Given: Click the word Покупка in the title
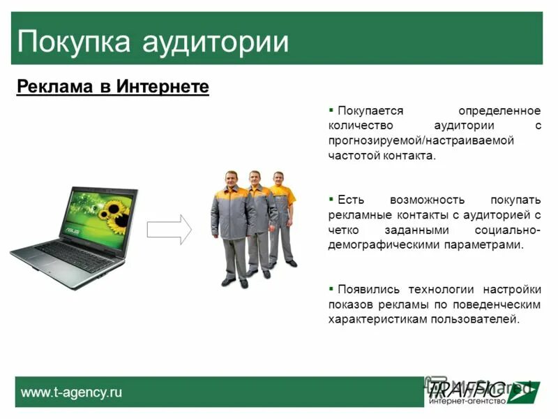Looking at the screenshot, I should (74, 41).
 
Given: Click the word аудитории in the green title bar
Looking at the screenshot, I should (216, 41).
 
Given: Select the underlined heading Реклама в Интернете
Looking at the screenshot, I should (112, 87).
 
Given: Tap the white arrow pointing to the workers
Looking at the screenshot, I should (169, 229).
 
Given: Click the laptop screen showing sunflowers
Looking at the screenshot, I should (98, 211).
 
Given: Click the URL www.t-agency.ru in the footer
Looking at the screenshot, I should (71, 392).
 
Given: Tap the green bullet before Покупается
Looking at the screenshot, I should (331, 110).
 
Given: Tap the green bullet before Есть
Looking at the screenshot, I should (331, 200).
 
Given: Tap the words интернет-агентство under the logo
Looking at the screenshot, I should (465, 401).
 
